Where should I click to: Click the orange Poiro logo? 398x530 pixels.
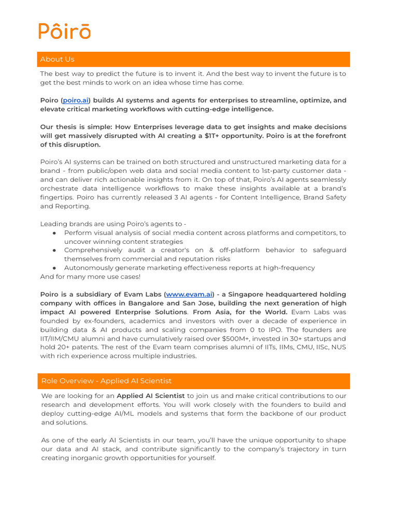tap(65, 31)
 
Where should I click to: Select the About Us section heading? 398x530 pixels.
tap(57, 60)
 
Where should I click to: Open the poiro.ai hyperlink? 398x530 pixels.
tap(75, 100)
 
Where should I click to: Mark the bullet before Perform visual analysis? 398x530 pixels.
tap(54, 233)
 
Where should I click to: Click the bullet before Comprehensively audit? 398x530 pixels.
tap(54, 251)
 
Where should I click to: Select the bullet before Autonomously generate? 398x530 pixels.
tap(54, 268)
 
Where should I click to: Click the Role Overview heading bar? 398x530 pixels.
tap(193, 381)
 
